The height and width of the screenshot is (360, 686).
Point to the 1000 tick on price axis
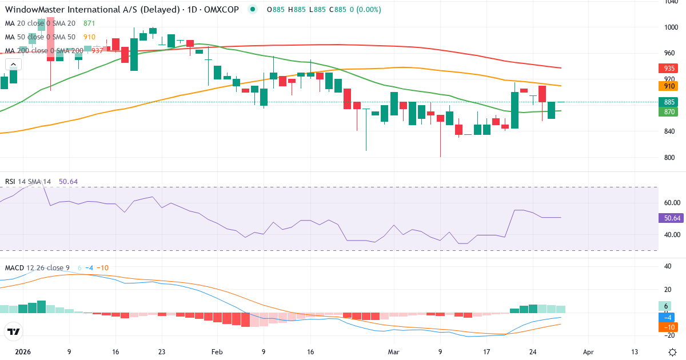point(671,27)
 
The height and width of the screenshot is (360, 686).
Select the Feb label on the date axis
point(217,353)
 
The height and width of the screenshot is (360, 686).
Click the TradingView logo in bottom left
point(14,331)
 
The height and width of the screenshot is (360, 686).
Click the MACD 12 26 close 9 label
point(37,267)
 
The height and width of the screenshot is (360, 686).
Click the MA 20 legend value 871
point(89,23)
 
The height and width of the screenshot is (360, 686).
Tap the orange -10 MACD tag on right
point(668,327)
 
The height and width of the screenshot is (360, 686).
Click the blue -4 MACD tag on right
point(668,317)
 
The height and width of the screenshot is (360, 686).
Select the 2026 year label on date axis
point(23,353)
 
